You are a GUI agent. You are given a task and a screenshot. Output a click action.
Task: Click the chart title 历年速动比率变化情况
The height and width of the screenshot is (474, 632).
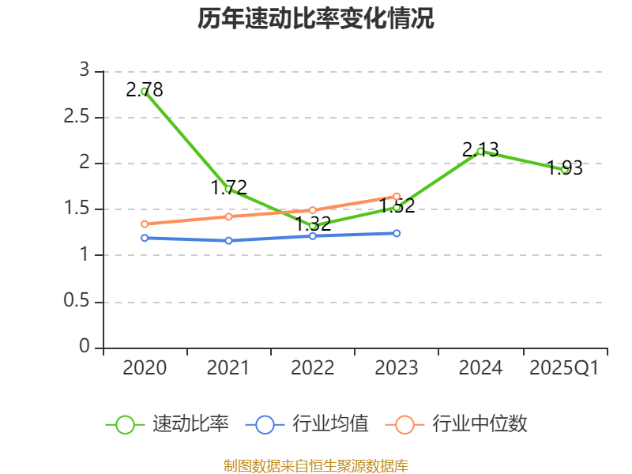pos(316,19)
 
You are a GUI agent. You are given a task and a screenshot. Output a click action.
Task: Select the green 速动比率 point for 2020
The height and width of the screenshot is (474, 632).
pos(145,92)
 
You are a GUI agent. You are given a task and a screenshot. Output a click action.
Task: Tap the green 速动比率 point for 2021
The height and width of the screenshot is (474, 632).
pos(228,189)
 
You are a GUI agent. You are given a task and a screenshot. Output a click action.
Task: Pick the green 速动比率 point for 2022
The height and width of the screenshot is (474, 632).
pos(313,226)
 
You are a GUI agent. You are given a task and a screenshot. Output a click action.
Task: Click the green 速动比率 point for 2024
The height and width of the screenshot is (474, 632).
pos(480,151)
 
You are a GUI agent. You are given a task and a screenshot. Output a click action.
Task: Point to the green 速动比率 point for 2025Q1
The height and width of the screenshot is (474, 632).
pos(565,169)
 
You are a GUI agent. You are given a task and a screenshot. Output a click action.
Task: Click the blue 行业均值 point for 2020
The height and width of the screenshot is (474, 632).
pos(145,238)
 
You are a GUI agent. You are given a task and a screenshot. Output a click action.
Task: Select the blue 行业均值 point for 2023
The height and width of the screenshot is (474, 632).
pos(397,233)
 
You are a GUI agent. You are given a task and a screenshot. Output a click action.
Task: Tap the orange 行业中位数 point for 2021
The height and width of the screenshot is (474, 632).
pos(228,216)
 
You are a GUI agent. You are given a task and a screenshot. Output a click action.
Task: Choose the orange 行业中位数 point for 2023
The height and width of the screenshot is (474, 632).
pos(397,196)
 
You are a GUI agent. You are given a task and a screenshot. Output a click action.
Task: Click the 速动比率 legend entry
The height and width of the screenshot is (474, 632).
pos(168,424)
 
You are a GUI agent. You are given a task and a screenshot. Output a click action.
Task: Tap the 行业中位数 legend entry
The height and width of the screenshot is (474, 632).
pos(457,424)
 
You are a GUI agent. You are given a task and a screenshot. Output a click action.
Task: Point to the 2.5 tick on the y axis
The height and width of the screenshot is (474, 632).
pos(79,118)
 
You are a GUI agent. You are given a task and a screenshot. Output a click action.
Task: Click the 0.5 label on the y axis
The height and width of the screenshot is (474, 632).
pos(79,303)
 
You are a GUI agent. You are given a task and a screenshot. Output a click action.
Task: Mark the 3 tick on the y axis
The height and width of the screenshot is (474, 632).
pos(85,70)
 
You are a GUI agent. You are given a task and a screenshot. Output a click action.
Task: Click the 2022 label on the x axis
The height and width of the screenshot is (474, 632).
pos(313,368)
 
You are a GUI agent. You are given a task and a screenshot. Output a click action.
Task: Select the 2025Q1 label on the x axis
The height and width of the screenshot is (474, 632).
pos(565,368)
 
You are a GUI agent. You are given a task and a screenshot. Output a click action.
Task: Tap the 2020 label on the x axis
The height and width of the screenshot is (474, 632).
pos(145,368)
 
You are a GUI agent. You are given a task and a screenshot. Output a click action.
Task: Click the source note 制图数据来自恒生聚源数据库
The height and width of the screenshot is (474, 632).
pos(316,465)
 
